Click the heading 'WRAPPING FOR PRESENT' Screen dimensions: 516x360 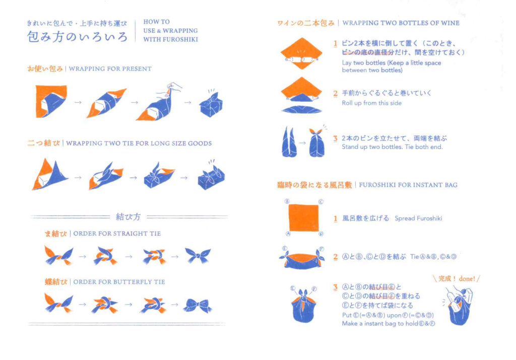(x=110, y=69)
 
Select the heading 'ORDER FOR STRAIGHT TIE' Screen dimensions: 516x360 (x=117, y=233)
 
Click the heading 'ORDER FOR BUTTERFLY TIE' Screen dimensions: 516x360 (x=119, y=282)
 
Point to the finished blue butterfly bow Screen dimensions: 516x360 (x=198, y=306)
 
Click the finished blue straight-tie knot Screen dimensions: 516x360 (x=198, y=255)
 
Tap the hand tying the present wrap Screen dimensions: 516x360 (x=173, y=88)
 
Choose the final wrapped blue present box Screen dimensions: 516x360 (x=211, y=103)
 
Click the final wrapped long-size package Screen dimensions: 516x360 (x=211, y=175)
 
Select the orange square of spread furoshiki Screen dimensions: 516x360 (x=303, y=218)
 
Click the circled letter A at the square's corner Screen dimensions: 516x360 (x=288, y=234)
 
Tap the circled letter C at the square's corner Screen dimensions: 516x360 (x=321, y=202)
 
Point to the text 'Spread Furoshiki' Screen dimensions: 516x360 (x=418, y=218)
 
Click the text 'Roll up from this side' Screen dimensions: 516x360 (x=371, y=103)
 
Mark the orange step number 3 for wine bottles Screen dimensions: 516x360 (x=335, y=138)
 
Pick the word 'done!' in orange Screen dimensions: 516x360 (x=467, y=279)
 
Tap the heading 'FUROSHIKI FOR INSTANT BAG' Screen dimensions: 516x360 (x=408, y=185)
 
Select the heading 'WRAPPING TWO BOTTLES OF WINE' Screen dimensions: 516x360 (x=401, y=23)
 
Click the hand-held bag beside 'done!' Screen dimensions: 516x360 (x=459, y=307)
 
